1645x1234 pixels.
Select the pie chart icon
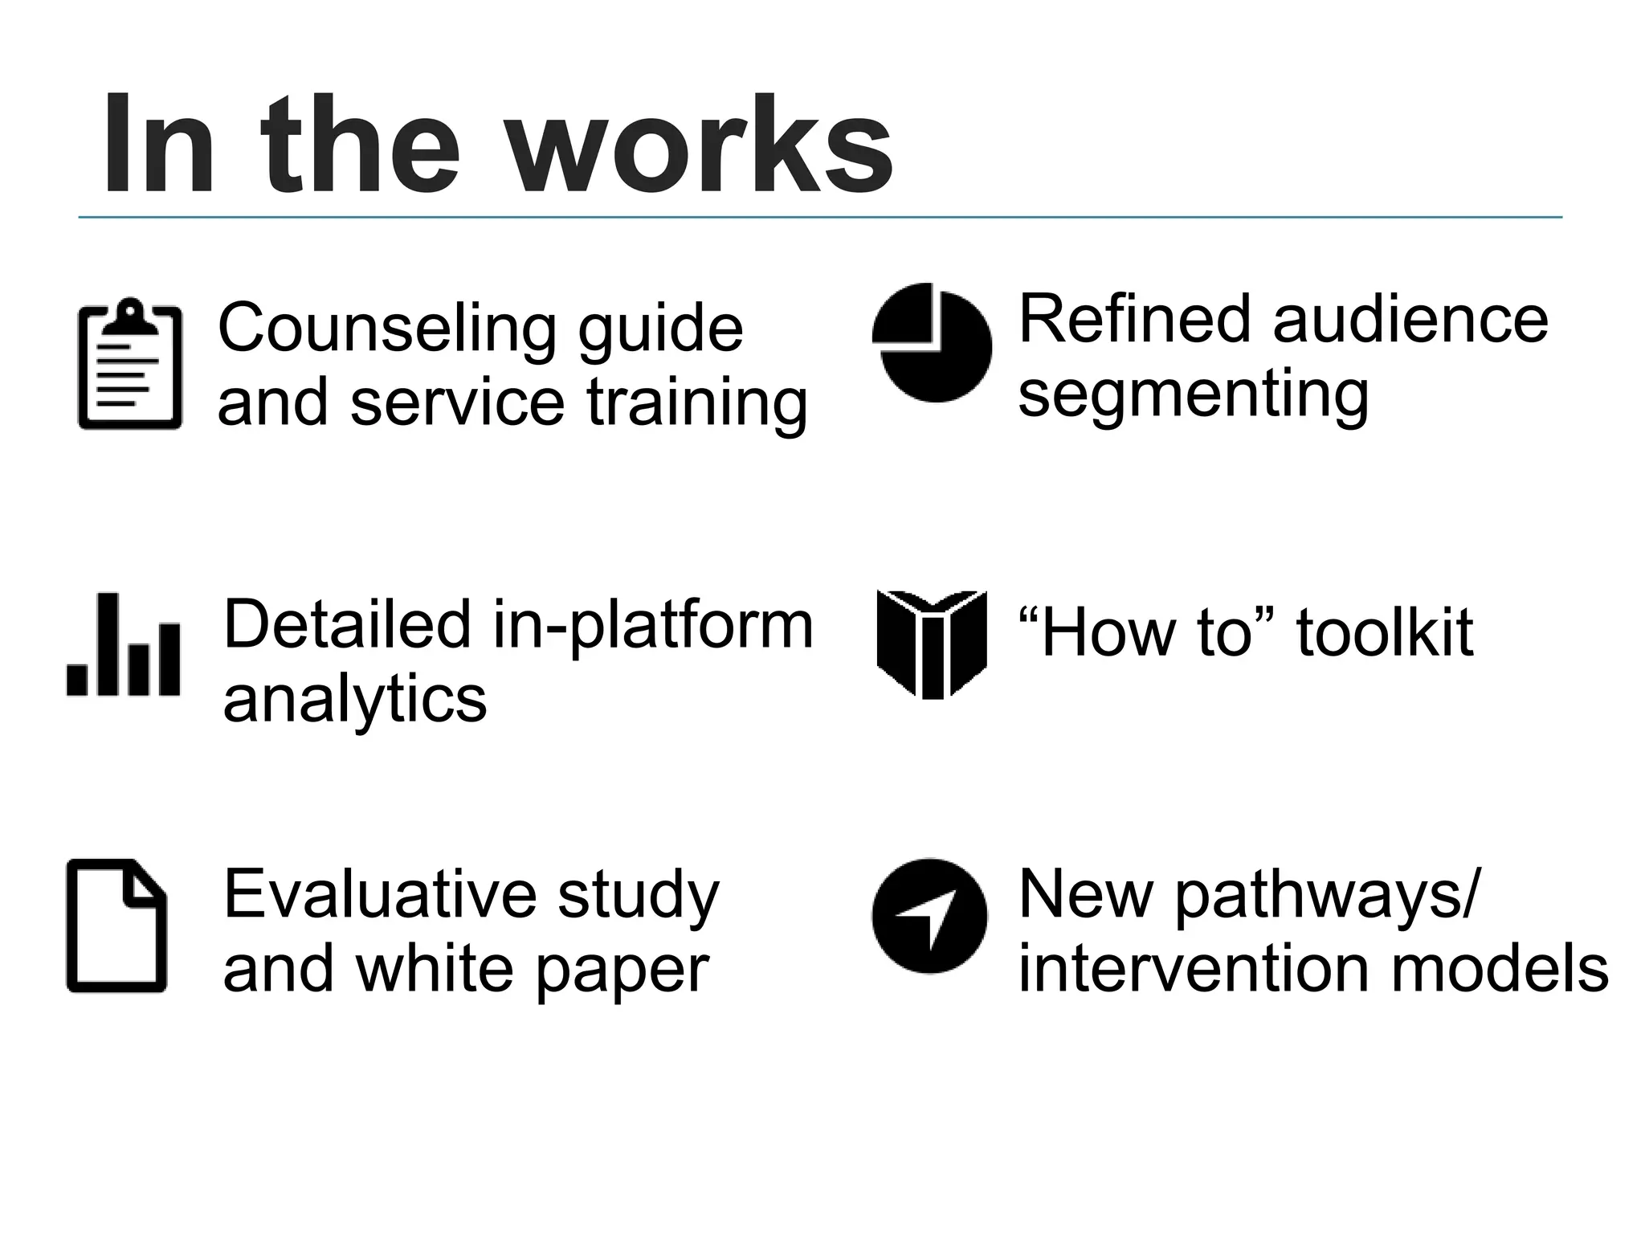tap(933, 343)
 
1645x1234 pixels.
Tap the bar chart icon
tap(124, 646)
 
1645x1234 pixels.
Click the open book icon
tap(932, 644)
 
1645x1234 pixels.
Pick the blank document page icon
tap(116, 925)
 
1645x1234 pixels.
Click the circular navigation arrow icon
tap(929, 915)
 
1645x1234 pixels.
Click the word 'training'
tap(696, 403)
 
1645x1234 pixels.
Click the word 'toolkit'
tap(1385, 633)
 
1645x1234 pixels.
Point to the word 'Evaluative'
tap(378, 894)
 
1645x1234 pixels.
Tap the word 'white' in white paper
tap(435, 969)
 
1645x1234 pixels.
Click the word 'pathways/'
tap(1325, 894)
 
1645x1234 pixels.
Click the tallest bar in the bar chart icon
tap(108, 644)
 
